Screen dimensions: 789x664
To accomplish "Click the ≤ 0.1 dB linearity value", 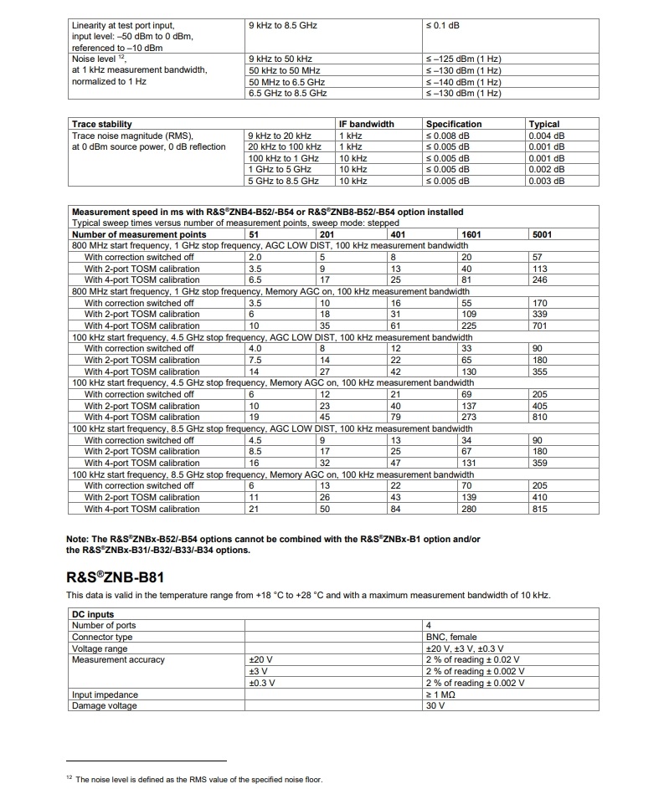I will pos(443,25).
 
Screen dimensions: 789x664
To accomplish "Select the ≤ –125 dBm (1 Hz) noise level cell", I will pos(464,59).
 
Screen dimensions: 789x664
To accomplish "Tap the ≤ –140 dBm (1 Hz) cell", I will pos(464,82).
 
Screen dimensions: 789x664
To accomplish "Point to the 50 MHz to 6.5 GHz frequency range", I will pos(286,82).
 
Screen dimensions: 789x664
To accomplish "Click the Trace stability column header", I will pos(102,124).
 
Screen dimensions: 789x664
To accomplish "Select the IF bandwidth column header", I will pos(366,124).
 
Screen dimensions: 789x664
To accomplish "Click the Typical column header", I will pos(544,124).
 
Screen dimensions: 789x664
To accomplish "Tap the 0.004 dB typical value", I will pos(547,136).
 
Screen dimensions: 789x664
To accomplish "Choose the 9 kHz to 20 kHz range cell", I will pos(280,136).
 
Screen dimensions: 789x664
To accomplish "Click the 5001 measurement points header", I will pos(543,234).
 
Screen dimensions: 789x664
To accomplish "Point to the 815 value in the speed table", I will pos(540,509).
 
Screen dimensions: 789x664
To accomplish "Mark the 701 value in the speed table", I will pos(540,325).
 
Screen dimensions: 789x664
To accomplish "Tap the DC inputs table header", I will pos(93,614).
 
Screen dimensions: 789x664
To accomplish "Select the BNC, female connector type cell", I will pos(451,637).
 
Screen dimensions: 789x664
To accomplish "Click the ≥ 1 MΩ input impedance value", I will pos(443,694).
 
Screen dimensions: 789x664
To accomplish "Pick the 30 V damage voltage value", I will pos(435,705).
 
